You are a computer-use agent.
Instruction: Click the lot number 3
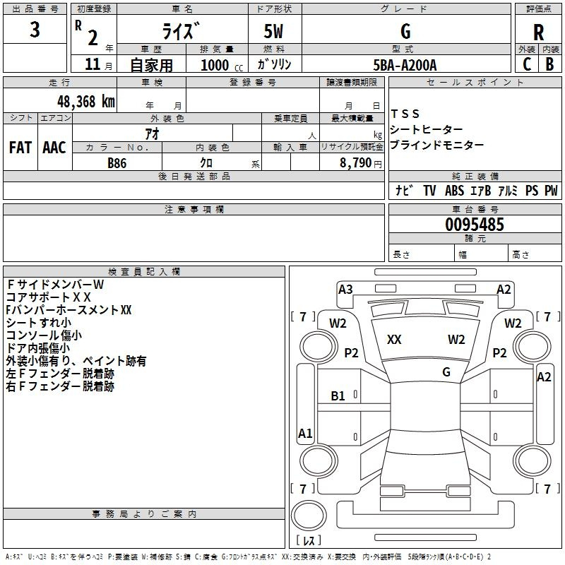pos(35,30)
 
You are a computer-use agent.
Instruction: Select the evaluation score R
pos(538,32)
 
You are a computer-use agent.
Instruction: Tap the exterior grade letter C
pos(527,64)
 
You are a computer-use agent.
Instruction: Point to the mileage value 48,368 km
pos(85,101)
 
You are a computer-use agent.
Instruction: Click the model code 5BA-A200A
pos(405,65)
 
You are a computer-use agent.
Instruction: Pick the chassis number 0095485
pos(475,225)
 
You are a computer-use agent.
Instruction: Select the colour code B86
pos(117,162)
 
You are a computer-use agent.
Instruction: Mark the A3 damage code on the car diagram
pos(345,289)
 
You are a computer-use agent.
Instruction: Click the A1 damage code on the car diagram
pos(305,434)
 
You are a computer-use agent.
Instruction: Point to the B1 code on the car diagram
pos(338,396)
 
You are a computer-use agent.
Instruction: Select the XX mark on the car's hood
pos(394,340)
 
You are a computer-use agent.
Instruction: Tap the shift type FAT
pos(20,148)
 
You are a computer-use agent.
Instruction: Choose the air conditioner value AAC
pos(54,148)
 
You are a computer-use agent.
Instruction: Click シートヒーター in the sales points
pos(427,129)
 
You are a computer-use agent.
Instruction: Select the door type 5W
pos(275,32)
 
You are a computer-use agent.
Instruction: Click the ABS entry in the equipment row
pos(454,191)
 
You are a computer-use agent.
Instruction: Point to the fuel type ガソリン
pos(275,65)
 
